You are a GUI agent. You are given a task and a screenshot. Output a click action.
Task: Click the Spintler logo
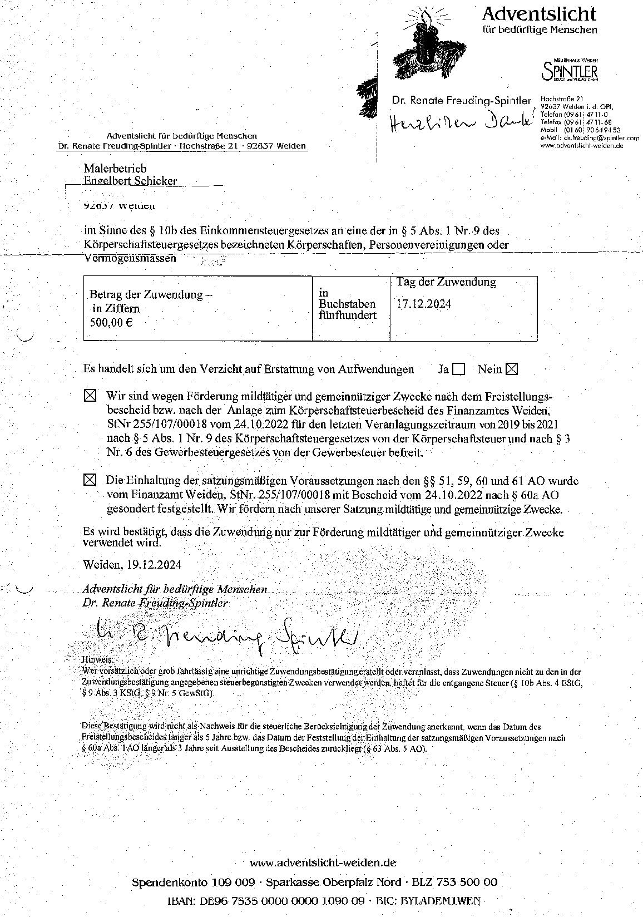tap(570, 71)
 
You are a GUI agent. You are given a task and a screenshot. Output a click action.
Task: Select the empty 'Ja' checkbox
tap(459, 369)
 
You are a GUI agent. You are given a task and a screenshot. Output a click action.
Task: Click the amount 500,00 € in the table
tap(111, 322)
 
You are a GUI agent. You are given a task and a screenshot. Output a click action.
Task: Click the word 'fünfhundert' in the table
tap(347, 315)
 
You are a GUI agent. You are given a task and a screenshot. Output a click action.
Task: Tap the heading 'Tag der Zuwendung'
tap(446, 282)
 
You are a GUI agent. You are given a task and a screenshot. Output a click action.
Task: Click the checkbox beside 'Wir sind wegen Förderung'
tap(90, 396)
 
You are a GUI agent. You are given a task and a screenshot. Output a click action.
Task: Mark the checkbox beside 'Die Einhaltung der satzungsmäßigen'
tap(90, 480)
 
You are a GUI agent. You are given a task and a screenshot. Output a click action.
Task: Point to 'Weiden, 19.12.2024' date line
tap(132, 564)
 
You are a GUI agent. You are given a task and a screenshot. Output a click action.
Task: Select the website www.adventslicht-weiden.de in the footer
tap(323, 863)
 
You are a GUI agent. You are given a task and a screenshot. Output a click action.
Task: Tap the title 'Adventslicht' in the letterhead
tap(539, 13)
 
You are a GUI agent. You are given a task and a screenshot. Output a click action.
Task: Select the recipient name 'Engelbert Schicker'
tap(130, 180)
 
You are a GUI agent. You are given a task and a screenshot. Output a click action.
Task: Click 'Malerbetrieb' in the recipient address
tap(115, 168)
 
